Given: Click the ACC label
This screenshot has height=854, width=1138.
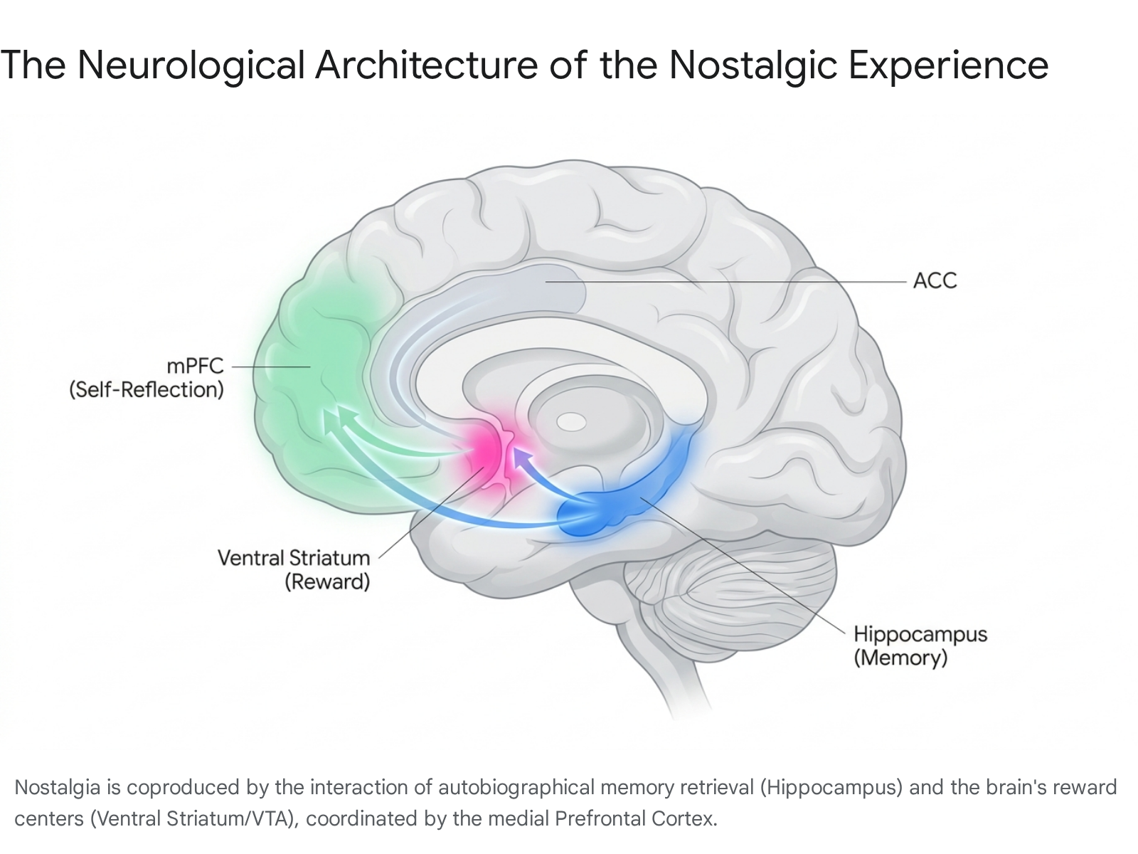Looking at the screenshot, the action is [935, 280].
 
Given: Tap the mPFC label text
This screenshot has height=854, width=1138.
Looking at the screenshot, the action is [195, 366].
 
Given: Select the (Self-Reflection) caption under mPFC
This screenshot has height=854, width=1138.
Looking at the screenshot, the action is [147, 389].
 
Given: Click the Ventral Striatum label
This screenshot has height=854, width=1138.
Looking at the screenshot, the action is [294, 558].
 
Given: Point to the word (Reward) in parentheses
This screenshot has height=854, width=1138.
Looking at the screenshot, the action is [327, 581].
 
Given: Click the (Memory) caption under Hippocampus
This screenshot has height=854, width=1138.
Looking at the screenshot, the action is [900, 658].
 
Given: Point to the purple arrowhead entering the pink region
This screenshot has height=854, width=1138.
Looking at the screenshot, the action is [521, 458].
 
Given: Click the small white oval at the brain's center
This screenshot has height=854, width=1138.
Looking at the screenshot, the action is [571, 422].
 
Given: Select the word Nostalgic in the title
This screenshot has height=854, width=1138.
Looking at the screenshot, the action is [753, 65].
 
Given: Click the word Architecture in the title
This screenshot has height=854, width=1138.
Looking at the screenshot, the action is [426, 65].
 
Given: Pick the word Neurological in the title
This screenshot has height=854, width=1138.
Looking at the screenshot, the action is [191, 65].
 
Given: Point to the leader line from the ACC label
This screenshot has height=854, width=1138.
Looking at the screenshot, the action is [726, 282].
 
